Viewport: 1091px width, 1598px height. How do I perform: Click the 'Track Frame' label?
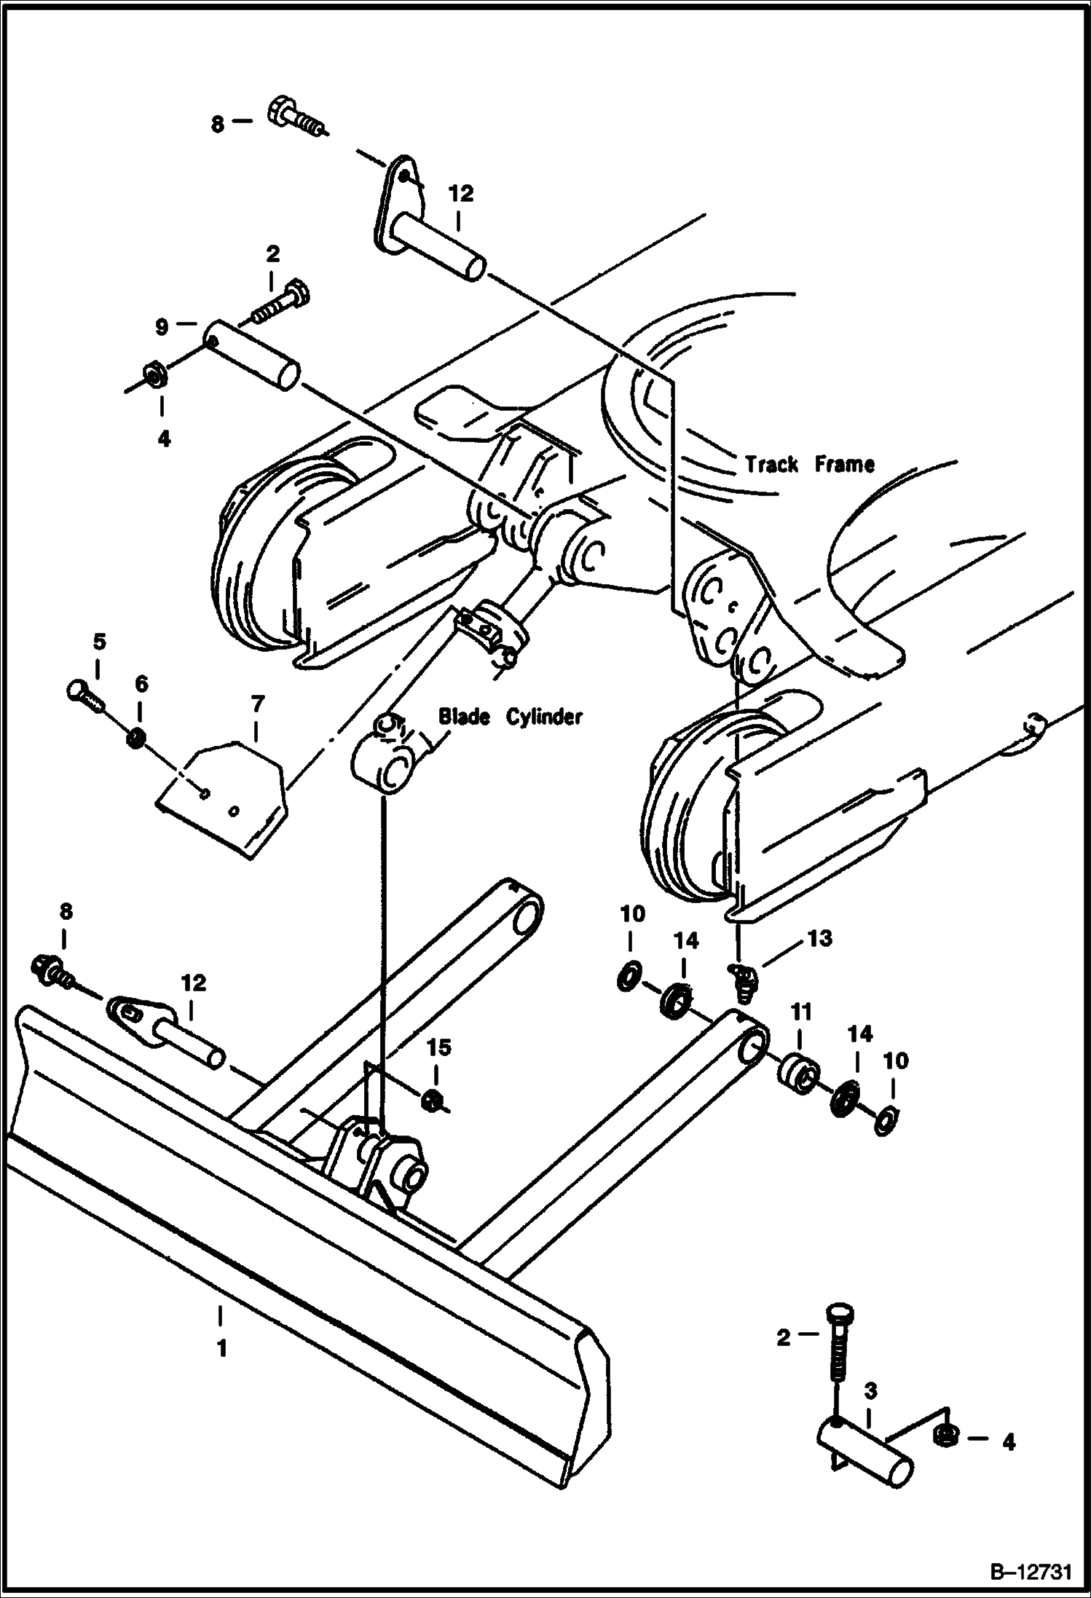(809, 464)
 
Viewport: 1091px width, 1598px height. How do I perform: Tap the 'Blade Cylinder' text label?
(510, 717)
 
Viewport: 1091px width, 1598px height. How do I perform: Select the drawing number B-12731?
(1030, 1573)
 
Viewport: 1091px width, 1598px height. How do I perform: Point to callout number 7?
(258, 705)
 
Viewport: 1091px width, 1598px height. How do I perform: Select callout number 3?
(870, 1391)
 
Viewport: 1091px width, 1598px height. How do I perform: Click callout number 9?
(162, 327)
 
